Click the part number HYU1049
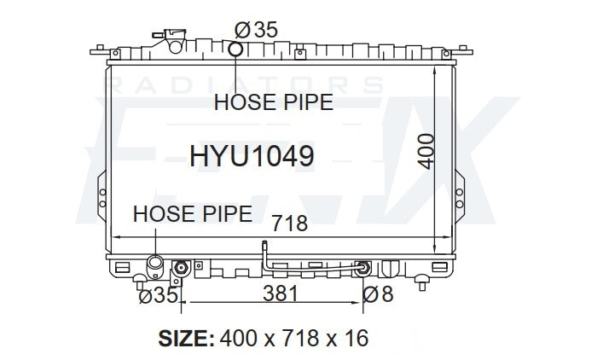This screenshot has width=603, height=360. (x=252, y=156)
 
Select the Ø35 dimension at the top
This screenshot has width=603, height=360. (x=256, y=30)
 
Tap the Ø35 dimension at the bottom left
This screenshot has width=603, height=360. (x=158, y=296)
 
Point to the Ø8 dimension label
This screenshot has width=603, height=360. (x=378, y=294)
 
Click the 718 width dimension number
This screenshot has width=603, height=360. (x=290, y=224)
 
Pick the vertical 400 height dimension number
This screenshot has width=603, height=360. (x=426, y=151)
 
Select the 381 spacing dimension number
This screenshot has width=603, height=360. (x=281, y=293)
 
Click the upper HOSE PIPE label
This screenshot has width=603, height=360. (x=274, y=102)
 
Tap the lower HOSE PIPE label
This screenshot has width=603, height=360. (x=192, y=214)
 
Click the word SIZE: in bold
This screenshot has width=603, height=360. (x=187, y=339)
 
